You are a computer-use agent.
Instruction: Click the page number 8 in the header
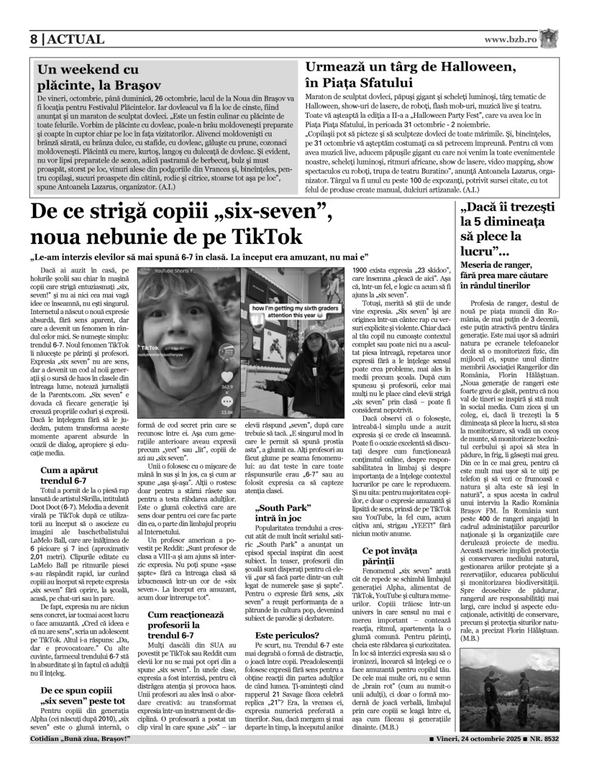35,39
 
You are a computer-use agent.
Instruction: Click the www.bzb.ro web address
511,39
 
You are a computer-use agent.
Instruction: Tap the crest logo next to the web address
548,38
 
